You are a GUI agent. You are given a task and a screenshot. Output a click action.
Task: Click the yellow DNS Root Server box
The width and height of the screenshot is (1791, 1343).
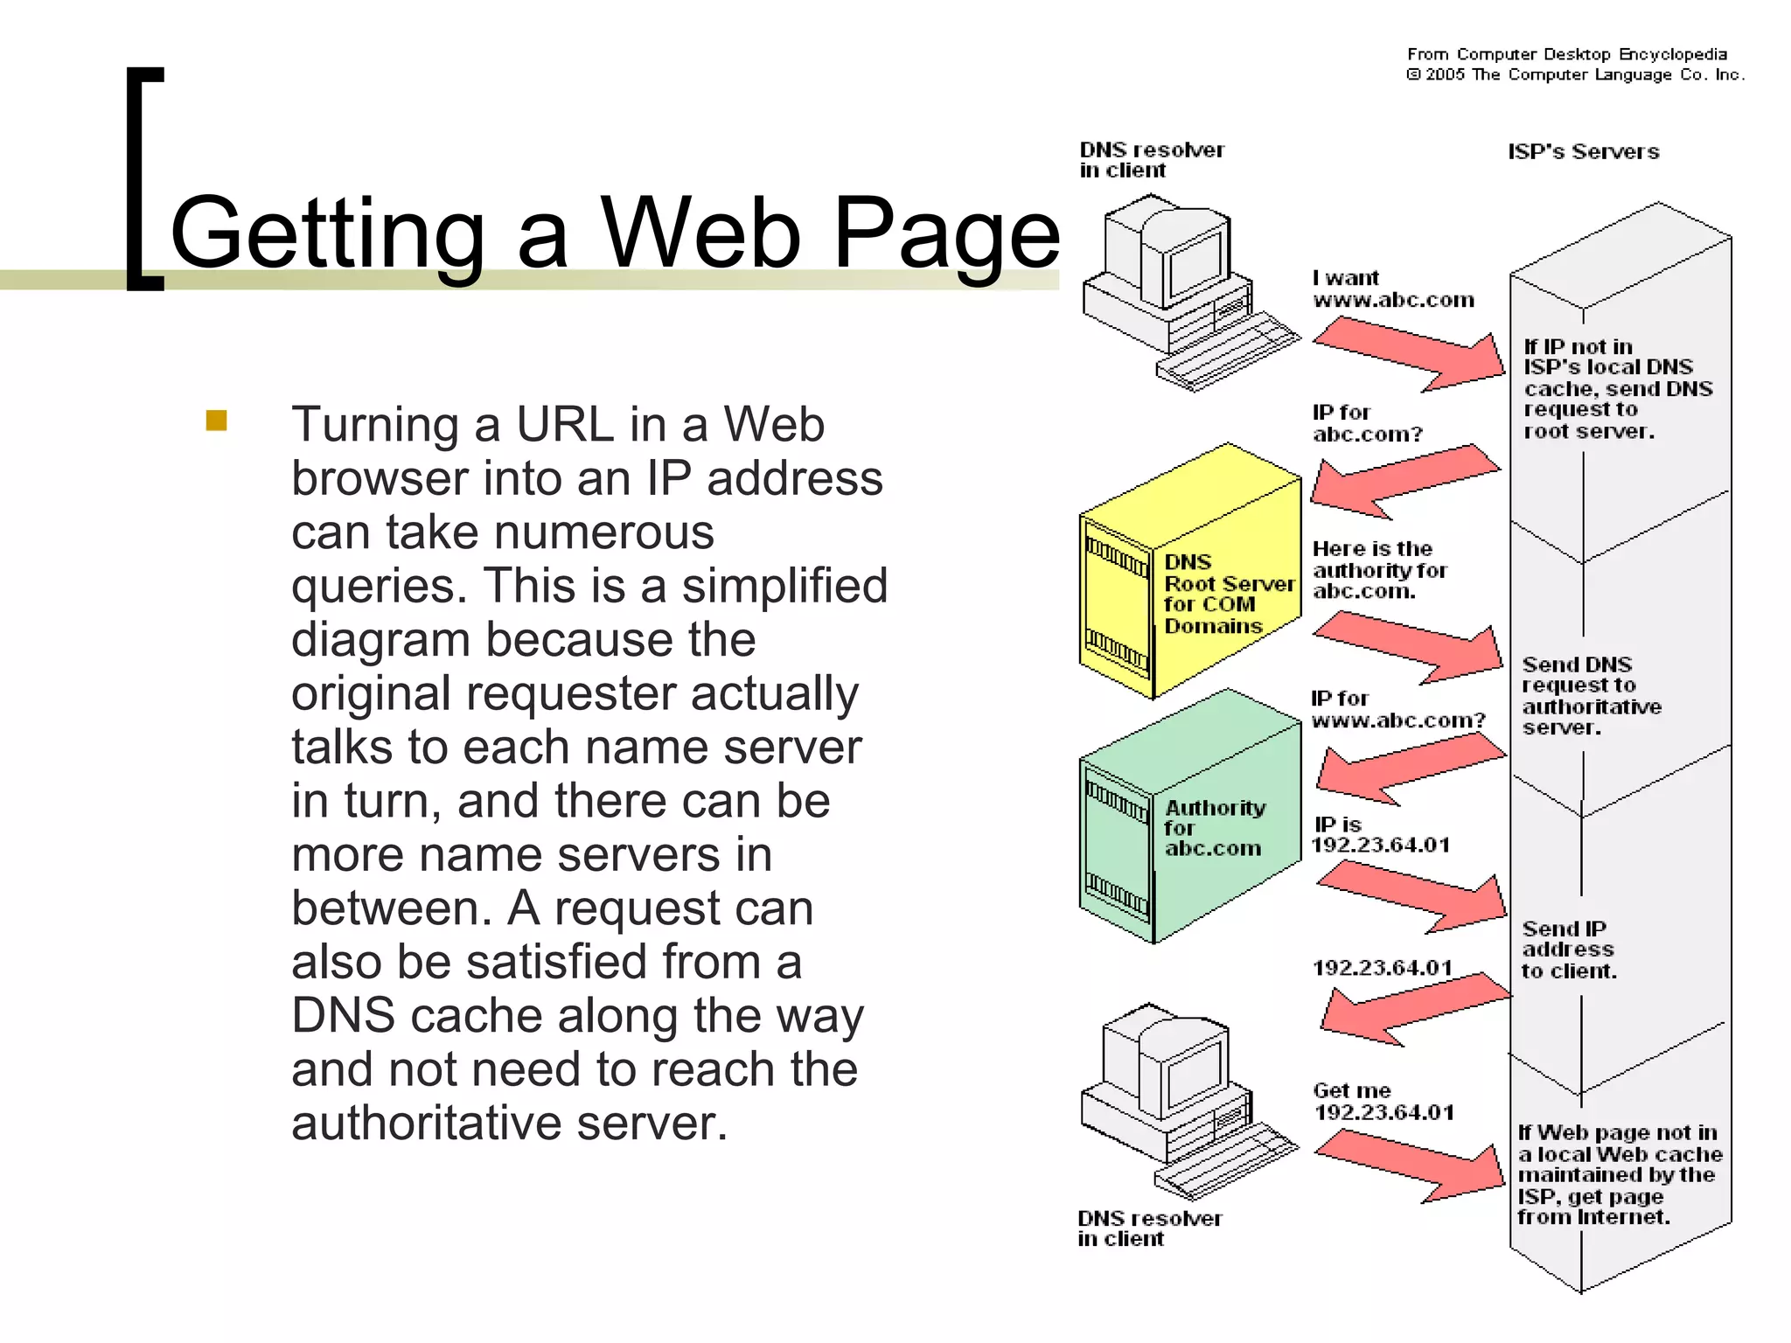(1189, 573)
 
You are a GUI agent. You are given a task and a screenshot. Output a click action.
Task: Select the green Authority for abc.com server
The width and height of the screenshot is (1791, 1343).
(1189, 818)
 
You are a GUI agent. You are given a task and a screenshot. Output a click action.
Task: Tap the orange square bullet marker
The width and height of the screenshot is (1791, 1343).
(217, 421)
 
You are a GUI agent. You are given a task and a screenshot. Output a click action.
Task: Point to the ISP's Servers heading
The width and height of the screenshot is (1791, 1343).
(1583, 152)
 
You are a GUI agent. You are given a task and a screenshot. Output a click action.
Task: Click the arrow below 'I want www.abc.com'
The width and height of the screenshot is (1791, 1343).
(1408, 354)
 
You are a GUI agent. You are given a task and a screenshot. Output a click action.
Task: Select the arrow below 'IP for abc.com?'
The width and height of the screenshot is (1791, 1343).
(1404, 479)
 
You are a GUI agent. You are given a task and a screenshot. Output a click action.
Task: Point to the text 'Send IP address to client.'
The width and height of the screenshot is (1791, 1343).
(1569, 950)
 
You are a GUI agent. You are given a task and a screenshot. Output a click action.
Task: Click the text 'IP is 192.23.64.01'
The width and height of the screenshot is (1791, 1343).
(1381, 835)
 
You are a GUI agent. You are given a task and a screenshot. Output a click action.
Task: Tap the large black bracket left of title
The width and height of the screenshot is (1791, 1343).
(144, 179)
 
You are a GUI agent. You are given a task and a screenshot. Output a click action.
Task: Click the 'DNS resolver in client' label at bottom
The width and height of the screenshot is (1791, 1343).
(1149, 1228)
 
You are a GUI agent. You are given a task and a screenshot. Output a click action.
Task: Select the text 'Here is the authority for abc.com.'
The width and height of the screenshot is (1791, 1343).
(1379, 570)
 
